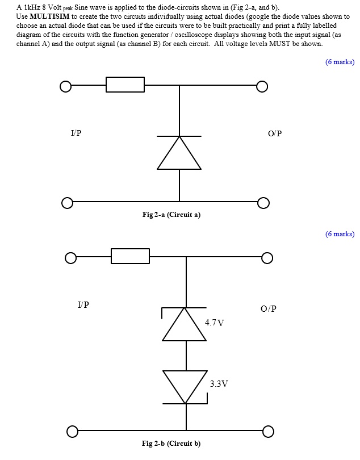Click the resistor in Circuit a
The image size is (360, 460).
(125, 85)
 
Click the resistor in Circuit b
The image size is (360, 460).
(130, 256)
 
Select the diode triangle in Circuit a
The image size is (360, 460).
(179, 153)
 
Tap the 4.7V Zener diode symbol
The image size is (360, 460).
(185, 324)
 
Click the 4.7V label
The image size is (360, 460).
(214, 323)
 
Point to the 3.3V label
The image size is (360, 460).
(219, 384)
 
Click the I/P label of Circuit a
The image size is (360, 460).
(76, 133)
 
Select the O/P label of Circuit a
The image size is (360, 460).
(274, 134)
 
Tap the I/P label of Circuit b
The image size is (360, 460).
(83, 305)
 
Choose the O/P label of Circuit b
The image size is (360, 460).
(269, 309)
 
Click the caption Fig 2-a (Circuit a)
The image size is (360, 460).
(171, 215)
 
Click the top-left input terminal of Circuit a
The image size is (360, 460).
(66, 86)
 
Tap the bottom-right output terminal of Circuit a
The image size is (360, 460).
(262, 203)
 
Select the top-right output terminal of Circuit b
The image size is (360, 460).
(267, 258)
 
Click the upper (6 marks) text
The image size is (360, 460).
(340, 62)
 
